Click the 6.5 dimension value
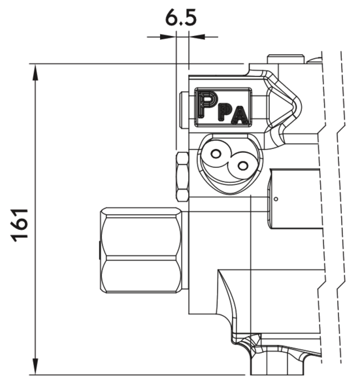pos(181,18)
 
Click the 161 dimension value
pos(20,225)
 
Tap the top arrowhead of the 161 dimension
pos(35,73)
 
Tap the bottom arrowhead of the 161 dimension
pos(35,367)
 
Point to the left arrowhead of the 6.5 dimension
pos(168,37)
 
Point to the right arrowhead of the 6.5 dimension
pos(197,37)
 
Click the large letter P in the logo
pos(206,104)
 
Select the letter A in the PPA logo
pos(240,115)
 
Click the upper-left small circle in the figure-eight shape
pos(215,154)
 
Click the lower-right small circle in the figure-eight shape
pos(242,165)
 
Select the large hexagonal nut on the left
pos(141,250)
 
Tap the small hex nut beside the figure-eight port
pos(182,177)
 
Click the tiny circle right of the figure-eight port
pos(276,199)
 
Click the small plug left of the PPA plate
pos(184,110)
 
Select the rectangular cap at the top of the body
pos(286,59)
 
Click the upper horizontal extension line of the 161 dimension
pos(137,64)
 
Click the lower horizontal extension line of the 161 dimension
pos(137,375)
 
